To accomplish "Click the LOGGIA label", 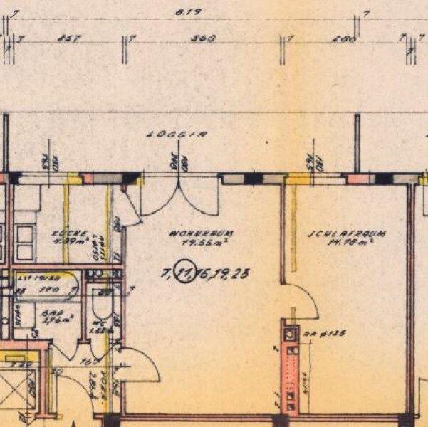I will pos(167,133).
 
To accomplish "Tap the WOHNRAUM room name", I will pos(191,233).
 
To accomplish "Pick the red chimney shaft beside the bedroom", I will pos(292,370).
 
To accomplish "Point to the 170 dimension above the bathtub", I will pos(50,290).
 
